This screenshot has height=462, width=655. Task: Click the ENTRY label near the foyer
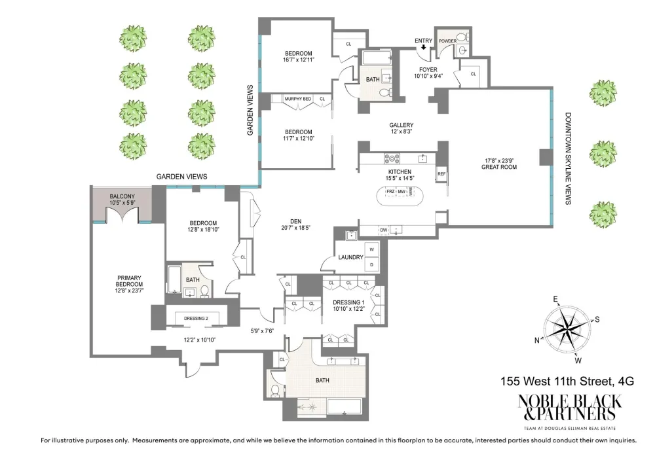(423, 41)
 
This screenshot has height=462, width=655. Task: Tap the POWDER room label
(447, 41)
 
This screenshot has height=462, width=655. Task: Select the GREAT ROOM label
(498, 167)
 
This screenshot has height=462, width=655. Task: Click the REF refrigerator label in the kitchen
(441, 174)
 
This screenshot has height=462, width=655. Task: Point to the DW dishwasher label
(383, 230)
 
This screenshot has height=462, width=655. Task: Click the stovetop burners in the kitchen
(392, 158)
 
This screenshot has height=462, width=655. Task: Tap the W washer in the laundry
(372, 249)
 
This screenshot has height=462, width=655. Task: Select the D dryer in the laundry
(372, 264)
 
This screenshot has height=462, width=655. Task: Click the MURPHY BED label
(298, 99)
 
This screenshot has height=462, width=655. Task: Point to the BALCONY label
(122, 196)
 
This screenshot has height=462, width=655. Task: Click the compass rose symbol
(567, 329)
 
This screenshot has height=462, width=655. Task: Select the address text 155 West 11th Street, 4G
(567, 381)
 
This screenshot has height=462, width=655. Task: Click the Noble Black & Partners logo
(570, 411)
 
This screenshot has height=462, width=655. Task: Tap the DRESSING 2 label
(196, 319)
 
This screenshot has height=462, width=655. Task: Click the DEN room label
(296, 222)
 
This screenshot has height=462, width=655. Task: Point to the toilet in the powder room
(461, 37)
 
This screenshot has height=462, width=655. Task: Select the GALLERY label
(401, 125)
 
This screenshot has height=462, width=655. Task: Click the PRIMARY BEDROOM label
(129, 281)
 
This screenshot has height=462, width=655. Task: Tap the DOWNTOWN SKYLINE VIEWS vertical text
(568, 158)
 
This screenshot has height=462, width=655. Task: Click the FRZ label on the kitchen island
(390, 192)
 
